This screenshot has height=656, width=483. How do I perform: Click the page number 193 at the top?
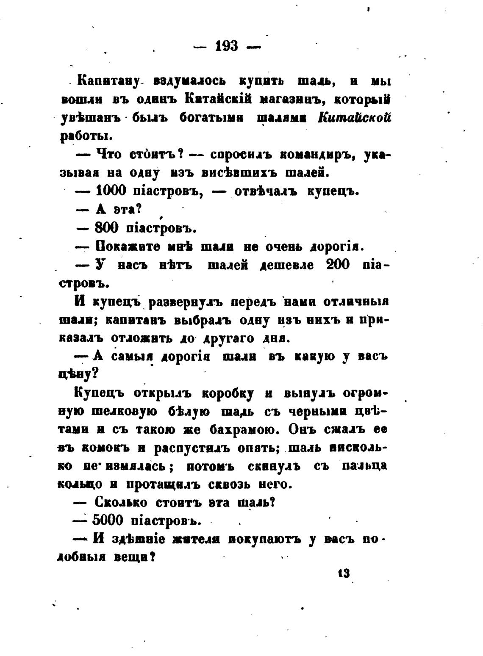click(227, 46)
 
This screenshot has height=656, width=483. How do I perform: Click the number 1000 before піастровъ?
click(111, 191)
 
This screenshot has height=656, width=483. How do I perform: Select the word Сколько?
click(121, 502)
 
